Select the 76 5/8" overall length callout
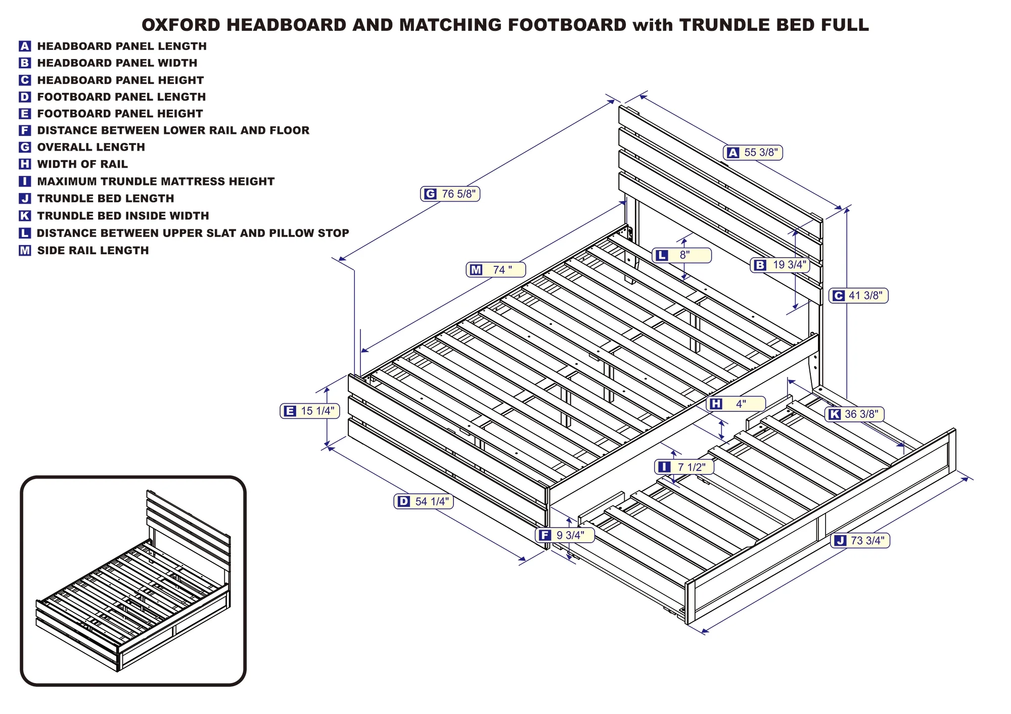point(450,194)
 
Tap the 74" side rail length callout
point(496,270)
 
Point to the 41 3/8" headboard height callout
point(858,296)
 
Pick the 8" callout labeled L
point(682,255)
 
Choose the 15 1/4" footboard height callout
point(310,411)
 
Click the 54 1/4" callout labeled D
point(424,501)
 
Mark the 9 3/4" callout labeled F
point(565,535)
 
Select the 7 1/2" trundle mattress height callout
point(684,467)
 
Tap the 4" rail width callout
point(736,404)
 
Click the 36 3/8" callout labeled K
point(854,414)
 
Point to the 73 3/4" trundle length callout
point(860,541)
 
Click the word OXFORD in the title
point(181,25)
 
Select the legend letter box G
point(25,147)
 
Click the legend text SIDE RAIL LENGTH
point(93,251)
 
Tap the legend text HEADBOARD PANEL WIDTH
point(117,63)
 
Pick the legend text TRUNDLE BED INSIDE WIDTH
point(123,216)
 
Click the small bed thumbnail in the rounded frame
point(133,581)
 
